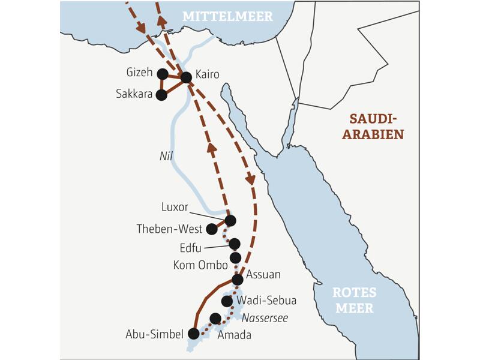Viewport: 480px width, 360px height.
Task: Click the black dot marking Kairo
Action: coord(186,77)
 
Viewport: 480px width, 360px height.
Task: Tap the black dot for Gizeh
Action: coord(162,74)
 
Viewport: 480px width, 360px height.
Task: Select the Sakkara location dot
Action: coord(161,94)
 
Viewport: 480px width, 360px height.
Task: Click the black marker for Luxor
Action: coord(230,220)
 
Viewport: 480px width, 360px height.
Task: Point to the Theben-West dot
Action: coord(211,229)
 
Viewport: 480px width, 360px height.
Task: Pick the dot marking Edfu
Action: coord(234,244)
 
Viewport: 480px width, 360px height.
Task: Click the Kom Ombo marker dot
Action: coord(235,257)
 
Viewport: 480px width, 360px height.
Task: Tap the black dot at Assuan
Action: coord(237,279)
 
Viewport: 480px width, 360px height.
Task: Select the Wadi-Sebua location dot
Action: coord(227,301)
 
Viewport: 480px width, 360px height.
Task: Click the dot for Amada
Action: coord(215,318)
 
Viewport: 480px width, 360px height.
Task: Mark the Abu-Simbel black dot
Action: coord(193,333)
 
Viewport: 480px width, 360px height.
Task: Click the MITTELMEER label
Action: coord(227,16)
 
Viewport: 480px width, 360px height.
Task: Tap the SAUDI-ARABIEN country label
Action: coord(373,126)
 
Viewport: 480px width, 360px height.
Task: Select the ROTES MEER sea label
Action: coord(354,301)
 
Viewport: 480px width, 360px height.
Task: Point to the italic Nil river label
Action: coord(166,155)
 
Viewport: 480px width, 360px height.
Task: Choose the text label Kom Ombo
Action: coord(200,265)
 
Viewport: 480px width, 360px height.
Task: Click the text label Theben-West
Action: coord(169,229)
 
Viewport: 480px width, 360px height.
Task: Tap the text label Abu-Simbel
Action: coord(154,334)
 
